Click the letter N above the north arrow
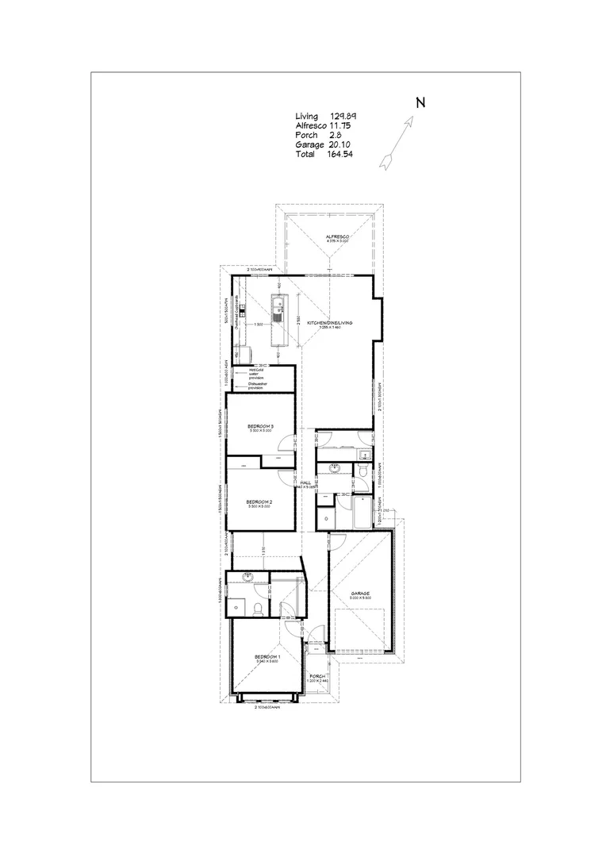420,102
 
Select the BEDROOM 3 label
260,426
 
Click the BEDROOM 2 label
259,502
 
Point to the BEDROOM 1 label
267,657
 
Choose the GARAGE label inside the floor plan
362,594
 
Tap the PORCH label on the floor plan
317,676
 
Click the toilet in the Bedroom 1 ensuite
259,607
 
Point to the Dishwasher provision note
258,386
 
